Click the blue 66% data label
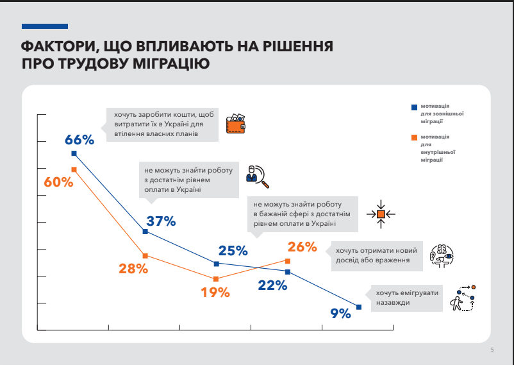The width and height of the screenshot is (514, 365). click(x=79, y=140)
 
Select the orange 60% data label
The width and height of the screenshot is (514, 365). click(x=58, y=182)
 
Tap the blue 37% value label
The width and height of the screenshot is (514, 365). click(x=161, y=221)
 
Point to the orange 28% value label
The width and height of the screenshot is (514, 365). click(x=133, y=269)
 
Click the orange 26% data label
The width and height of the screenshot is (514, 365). click(x=303, y=247)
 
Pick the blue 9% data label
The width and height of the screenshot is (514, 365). click(x=340, y=314)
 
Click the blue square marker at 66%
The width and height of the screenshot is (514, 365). click(x=74, y=153)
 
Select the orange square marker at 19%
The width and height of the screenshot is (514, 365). click(x=216, y=279)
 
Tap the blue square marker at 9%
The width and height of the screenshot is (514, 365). click(x=358, y=307)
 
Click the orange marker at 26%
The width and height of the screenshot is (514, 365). click(x=288, y=261)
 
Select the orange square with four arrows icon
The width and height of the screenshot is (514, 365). click(x=381, y=213)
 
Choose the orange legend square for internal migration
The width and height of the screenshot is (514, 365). click(x=415, y=137)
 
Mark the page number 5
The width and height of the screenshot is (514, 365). click(x=492, y=350)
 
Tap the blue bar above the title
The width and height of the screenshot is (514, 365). click(x=44, y=27)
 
